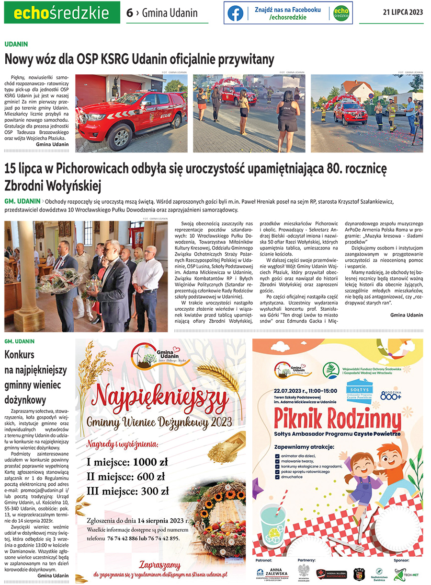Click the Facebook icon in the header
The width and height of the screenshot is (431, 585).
(x=235, y=13)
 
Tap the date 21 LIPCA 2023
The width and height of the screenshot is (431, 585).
(x=403, y=12)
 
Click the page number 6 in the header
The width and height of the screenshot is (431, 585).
(x=129, y=13)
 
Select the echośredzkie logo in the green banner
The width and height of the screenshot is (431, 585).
(x=62, y=12)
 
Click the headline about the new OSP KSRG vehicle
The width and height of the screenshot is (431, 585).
(x=139, y=59)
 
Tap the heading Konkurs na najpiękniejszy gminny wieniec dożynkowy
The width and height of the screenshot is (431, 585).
(x=36, y=377)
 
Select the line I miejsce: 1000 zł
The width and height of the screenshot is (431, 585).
(x=127, y=462)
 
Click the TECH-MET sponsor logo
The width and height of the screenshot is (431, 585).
(x=405, y=573)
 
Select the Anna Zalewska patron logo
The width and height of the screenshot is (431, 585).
(x=273, y=573)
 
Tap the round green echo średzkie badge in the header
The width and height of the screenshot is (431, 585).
(x=341, y=13)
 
